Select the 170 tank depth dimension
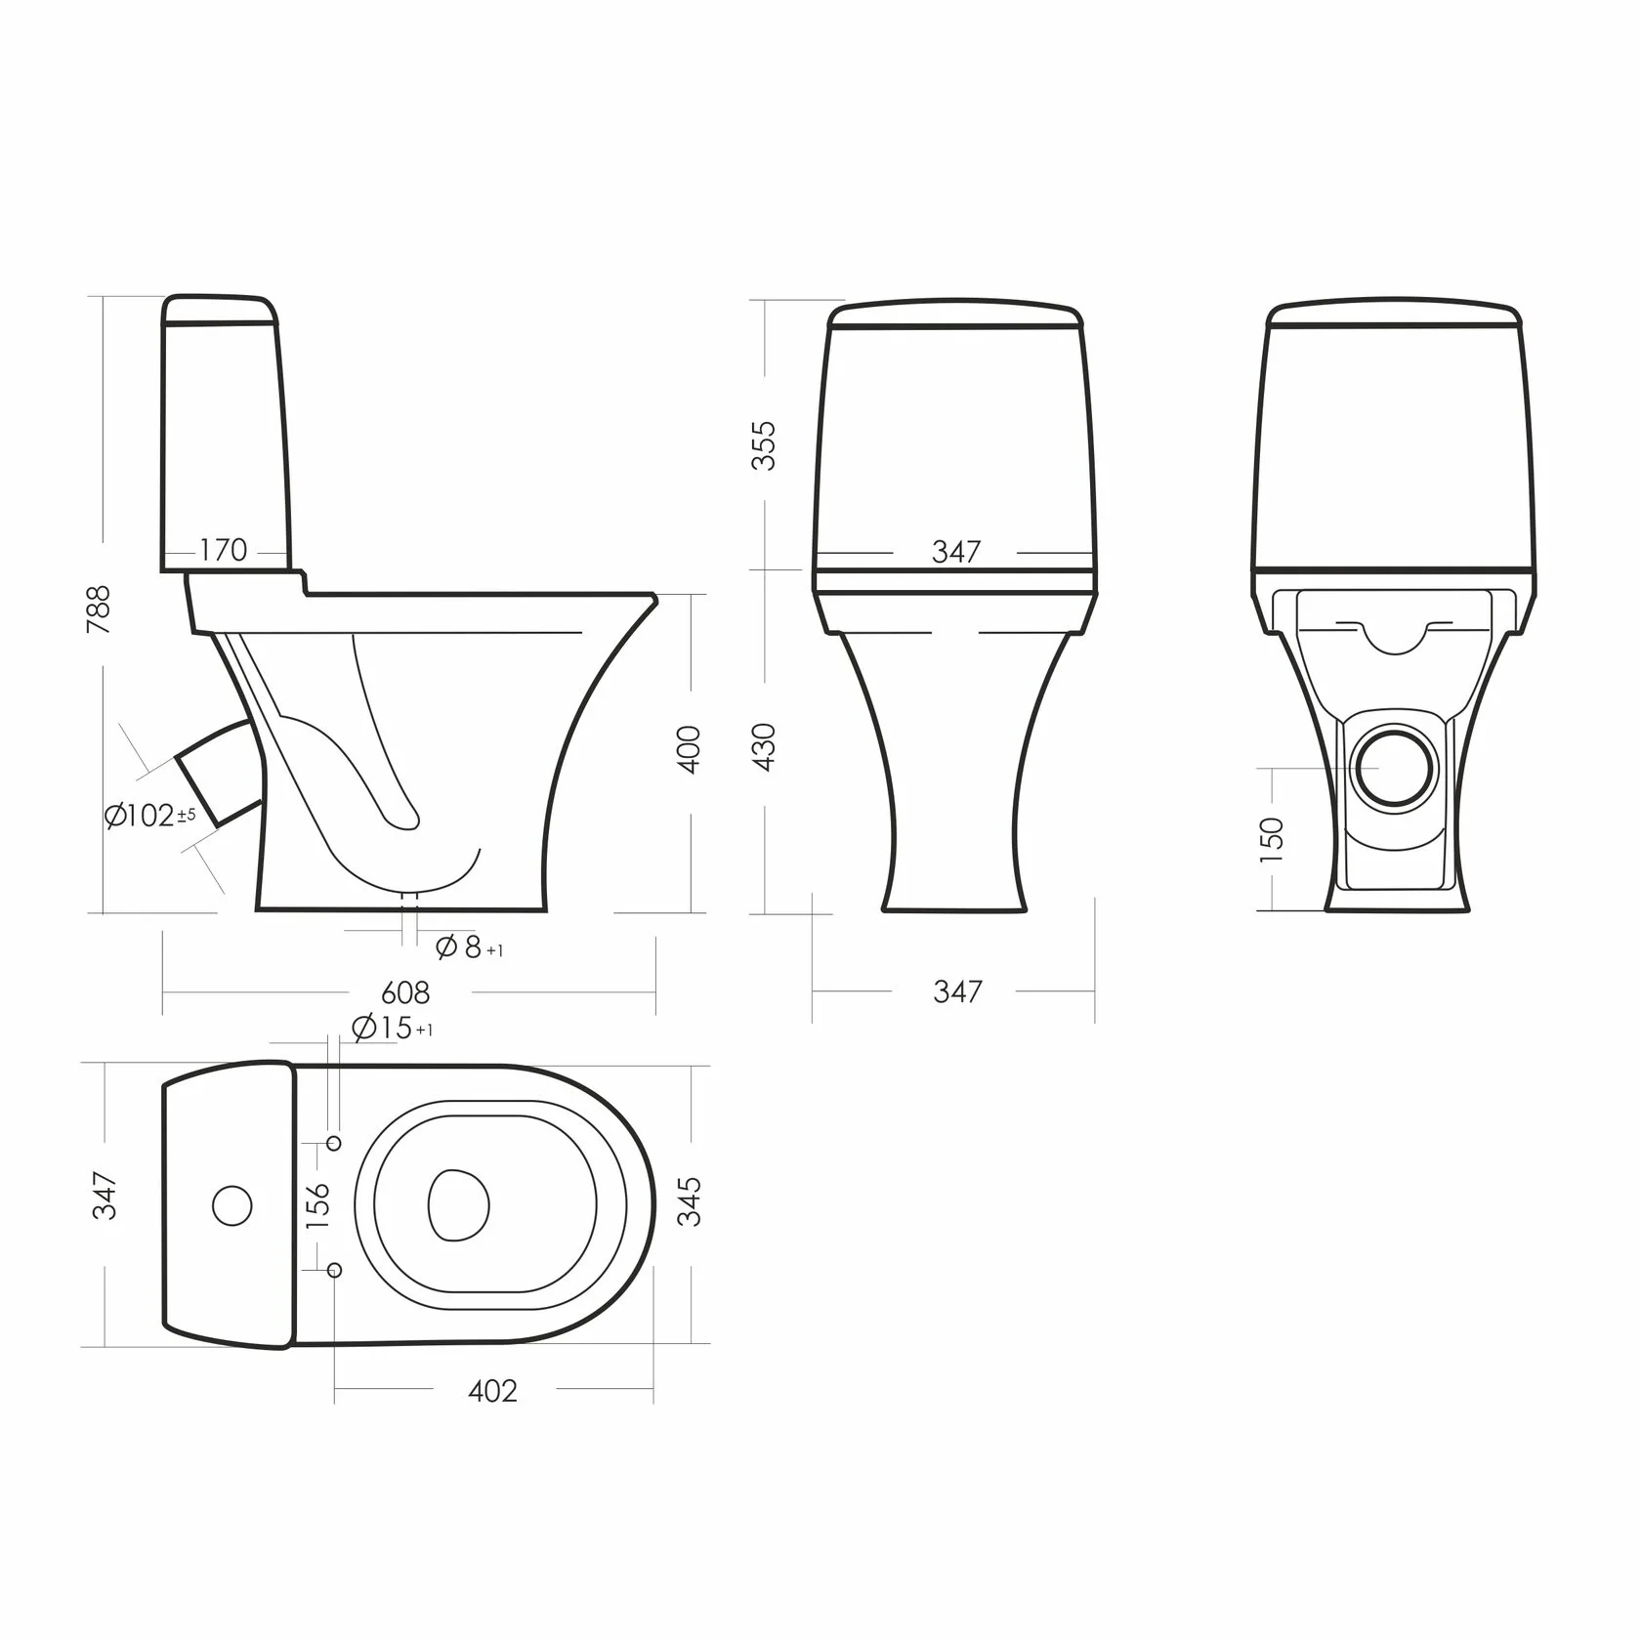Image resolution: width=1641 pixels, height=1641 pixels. [x=224, y=550]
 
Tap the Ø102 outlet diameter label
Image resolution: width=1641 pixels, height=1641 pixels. [x=150, y=816]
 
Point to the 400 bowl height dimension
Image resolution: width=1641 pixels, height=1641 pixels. [x=689, y=749]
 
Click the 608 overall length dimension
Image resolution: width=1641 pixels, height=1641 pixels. [x=405, y=992]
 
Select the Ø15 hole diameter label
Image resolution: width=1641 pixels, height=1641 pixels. [x=392, y=1028]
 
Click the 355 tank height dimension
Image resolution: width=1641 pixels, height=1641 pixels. [x=763, y=445]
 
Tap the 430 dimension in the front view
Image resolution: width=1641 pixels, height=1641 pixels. [x=763, y=748]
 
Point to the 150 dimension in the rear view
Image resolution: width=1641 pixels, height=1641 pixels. [x=1271, y=840]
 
